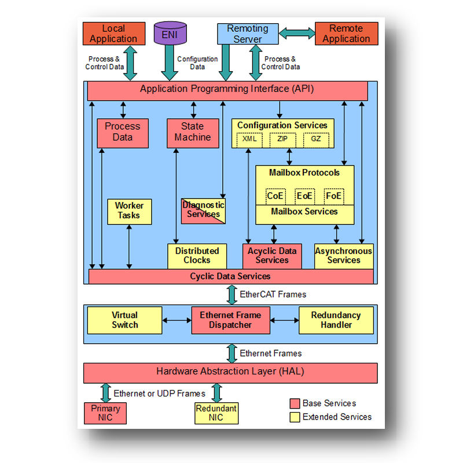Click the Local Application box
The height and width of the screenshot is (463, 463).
pyautogui.click(x=113, y=34)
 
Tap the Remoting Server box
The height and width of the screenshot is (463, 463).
pyautogui.click(x=248, y=34)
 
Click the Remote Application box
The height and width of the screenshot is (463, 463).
pyautogui.click(x=346, y=34)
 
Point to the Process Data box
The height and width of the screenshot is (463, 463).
pyautogui.click(x=122, y=132)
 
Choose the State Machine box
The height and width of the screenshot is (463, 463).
pyautogui.click(x=193, y=132)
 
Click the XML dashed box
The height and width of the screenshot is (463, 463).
pyautogui.click(x=249, y=139)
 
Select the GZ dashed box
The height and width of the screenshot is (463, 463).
pyautogui.click(x=315, y=139)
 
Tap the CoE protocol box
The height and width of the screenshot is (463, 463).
pyautogui.click(x=275, y=196)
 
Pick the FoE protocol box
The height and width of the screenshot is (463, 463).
pyautogui.click(x=334, y=196)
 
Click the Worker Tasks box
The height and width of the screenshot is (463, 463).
pyautogui.click(x=129, y=211)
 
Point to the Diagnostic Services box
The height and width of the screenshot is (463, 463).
pyautogui.click(x=203, y=210)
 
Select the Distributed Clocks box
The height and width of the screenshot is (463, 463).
pyautogui.click(x=197, y=256)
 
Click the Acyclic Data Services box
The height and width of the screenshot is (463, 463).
pyautogui.click(x=272, y=256)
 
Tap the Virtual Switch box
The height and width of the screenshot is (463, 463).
pyautogui.click(x=124, y=320)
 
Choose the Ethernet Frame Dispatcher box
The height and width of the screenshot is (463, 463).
pyautogui.click(x=230, y=320)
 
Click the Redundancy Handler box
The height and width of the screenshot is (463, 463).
pyautogui.click(x=336, y=320)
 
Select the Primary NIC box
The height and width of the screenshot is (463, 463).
pyautogui.click(x=105, y=413)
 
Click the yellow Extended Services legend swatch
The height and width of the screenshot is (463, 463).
pyautogui.click(x=295, y=417)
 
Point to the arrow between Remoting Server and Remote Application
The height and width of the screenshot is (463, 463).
pyautogui.click(x=296, y=34)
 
